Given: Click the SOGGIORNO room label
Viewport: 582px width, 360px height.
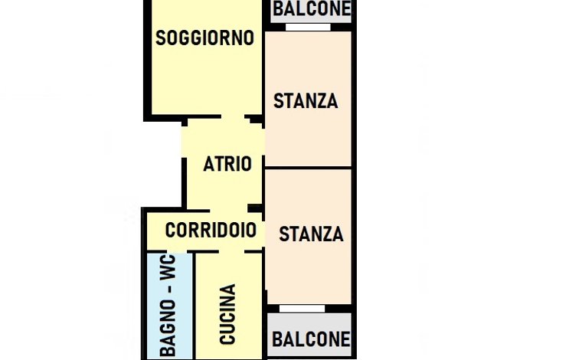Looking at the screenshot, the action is (205, 38).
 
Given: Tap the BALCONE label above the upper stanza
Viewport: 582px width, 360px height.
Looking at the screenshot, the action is (312, 8).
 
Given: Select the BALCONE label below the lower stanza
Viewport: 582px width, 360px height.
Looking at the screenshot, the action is (311, 339).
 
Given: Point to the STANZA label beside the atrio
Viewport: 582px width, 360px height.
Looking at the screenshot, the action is (306, 101).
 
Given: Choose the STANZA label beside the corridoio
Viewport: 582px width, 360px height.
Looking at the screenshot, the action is (311, 234).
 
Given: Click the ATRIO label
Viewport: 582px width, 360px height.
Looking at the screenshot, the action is (227, 164).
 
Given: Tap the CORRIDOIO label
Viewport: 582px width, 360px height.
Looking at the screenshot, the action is (211, 230).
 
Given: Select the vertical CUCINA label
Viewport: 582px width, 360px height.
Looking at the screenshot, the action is (227, 314).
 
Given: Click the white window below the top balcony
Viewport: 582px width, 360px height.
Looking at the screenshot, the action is (308, 27).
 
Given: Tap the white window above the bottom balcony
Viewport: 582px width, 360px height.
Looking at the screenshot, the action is (302, 309).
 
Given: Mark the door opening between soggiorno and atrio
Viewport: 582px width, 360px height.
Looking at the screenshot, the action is (233, 117).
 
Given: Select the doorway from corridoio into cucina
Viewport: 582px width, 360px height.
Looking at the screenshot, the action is (231, 252).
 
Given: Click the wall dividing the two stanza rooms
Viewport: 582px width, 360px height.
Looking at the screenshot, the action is (308, 168).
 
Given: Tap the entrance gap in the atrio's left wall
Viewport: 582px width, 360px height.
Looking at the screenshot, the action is (184, 142).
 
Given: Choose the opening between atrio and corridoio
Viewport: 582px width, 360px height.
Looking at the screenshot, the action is (229, 211).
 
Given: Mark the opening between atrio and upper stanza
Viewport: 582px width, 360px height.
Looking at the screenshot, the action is (263, 142).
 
